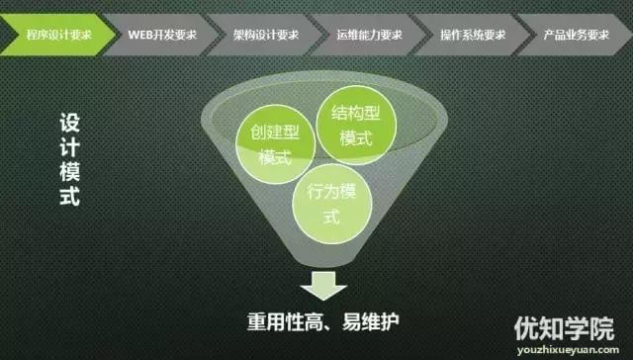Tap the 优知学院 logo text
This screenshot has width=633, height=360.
(564, 326)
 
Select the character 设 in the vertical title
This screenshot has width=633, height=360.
(68, 125)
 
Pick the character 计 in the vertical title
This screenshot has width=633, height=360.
(68, 147)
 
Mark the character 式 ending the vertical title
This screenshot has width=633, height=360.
(68, 194)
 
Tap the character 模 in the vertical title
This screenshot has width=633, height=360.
(68, 171)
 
